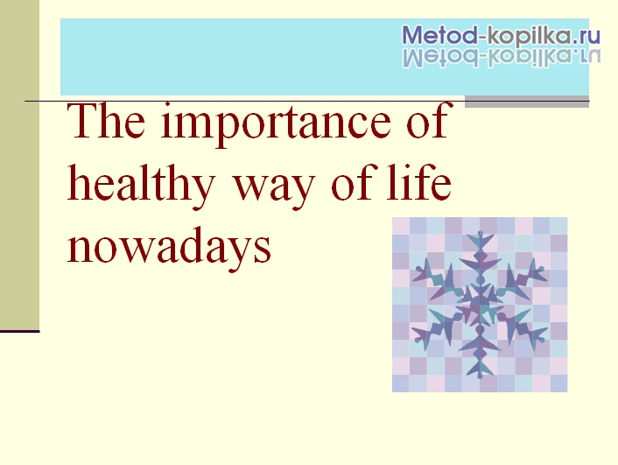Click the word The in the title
[106, 120]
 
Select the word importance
[276, 124]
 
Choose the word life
[418, 181]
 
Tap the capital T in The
[82, 120]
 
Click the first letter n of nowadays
[79, 250]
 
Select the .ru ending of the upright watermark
[586, 37]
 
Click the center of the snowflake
[480, 305]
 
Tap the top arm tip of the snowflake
[480, 233]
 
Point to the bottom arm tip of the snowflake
[480, 377]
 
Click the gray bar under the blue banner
[527, 102]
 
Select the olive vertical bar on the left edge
[20, 165]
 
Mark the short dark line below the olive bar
[20, 331]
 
